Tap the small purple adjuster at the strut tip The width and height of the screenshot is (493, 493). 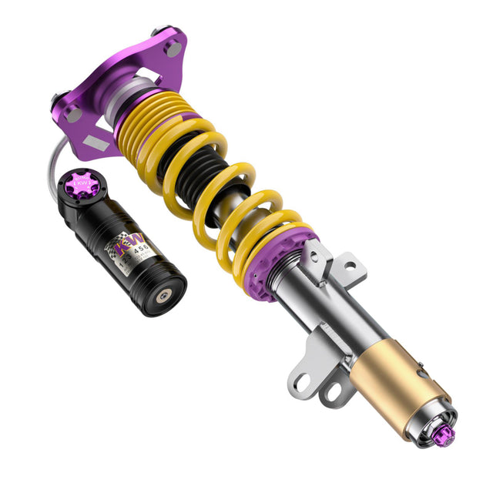click(446, 435)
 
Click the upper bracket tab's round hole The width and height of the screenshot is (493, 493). click(350, 267)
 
